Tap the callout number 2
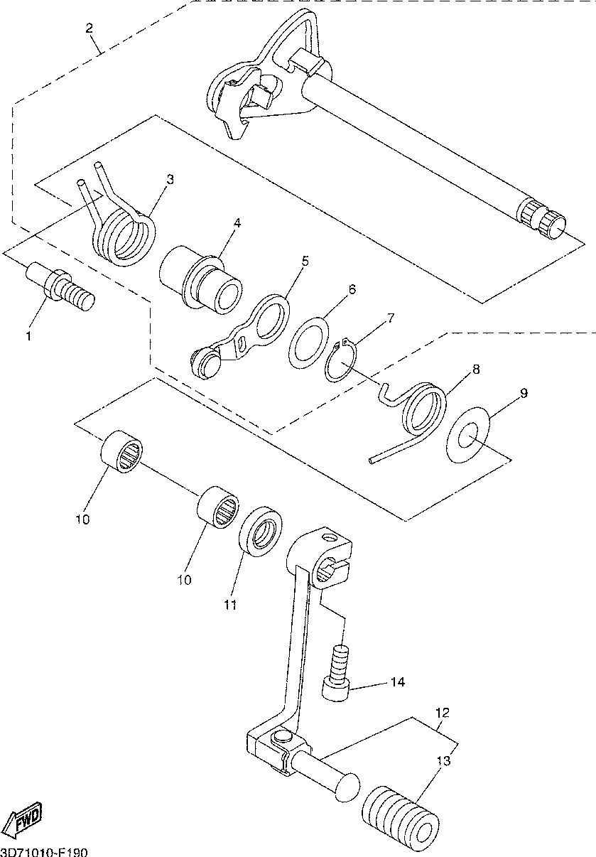tap(89, 28)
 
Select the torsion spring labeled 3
tap(126, 235)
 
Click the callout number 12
tap(443, 712)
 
